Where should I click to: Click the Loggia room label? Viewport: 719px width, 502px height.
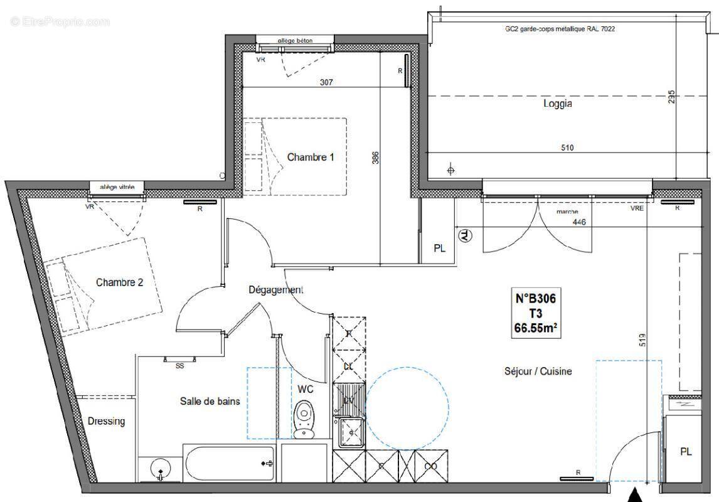click(x=557, y=104)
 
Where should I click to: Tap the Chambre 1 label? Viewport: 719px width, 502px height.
click(x=310, y=158)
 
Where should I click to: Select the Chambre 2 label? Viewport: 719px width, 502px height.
click(x=119, y=282)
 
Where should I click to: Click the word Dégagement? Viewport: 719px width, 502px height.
click(x=275, y=290)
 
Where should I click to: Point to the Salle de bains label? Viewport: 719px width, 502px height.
click(x=210, y=402)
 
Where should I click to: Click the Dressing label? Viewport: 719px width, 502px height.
click(x=106, y=421)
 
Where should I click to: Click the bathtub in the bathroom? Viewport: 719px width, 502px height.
click(x=229, y=463)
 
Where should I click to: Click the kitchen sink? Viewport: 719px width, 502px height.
click(x=349, y=432)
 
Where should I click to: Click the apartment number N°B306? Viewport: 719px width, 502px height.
click(x=535, y=300)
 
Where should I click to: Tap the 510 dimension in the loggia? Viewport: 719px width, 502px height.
click(x=566, y=148)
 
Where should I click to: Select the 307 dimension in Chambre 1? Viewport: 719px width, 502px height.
click(x=326, y=82)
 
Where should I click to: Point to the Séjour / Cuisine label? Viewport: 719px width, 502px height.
click(x=538, y=371)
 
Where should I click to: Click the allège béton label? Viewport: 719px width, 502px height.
click(x=295, y=41)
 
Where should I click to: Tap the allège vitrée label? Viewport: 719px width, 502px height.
click(x=117, y=186)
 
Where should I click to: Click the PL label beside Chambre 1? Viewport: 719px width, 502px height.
click(x=439, y=248)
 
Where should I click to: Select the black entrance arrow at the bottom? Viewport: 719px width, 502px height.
click(x=636, y=495)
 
